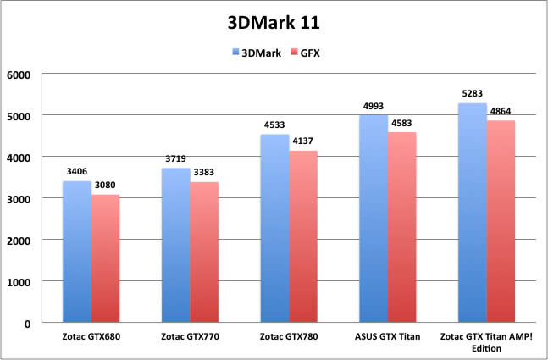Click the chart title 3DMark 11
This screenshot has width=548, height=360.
click(274, 20)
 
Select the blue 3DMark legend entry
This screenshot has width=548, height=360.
click(257, 53)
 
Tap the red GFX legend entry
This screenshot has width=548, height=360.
click(308, 53)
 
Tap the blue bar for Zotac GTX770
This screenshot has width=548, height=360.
click(175, 246)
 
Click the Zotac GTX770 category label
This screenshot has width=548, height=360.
click(190, 337)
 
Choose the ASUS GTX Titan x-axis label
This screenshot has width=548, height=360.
click(386, 337)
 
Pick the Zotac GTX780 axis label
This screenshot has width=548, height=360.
click(288, 337)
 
